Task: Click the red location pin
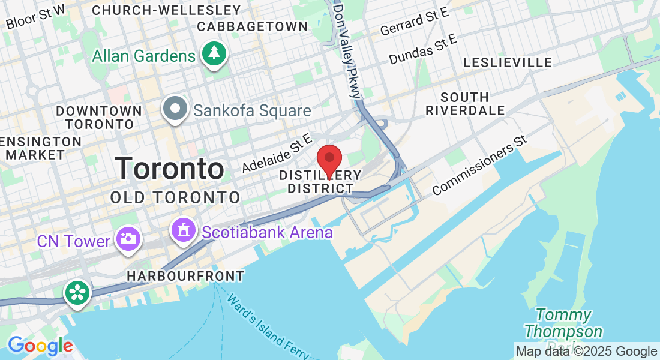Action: (329, 159)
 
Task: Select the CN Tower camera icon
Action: (128, 238)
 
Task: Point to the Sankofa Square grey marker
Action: (176, 109)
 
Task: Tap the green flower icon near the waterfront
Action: (78, 293)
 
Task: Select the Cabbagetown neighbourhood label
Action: (252, 26)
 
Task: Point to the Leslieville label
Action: (508, 63)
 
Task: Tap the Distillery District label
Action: (321, 182)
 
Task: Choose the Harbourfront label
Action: (185, 277)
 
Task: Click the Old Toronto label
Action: (175, 197)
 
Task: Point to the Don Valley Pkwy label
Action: (348, 50)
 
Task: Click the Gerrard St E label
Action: (414, 23)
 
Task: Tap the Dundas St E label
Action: (422, 49)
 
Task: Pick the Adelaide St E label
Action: (277, 154)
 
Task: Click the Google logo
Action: (40, 346)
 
